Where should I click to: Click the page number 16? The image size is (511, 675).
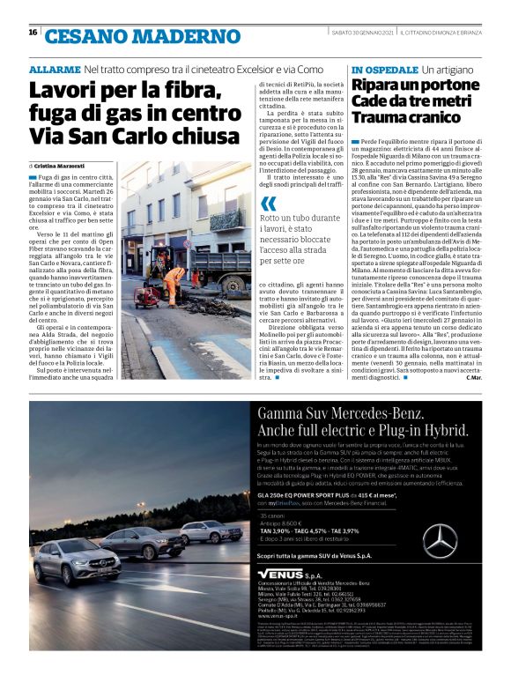(33, 33)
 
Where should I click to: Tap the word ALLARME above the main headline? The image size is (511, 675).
(55, 69)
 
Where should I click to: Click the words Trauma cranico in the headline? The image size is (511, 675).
(402, 119)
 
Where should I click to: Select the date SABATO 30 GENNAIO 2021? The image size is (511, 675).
(360, 33)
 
